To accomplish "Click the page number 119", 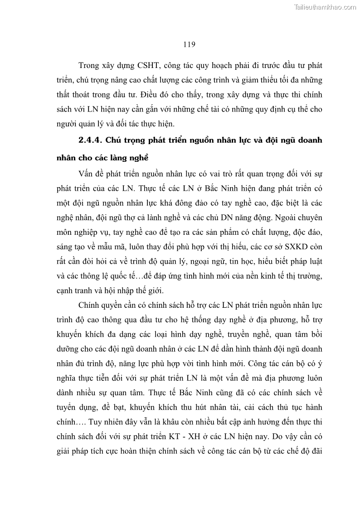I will coord(189,44).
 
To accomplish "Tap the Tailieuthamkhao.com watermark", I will coord(326,7).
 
